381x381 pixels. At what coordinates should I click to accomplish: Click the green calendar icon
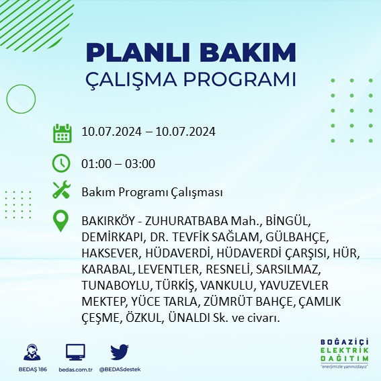[x=62, y=133]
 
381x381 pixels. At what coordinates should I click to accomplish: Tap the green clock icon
[x=62, y=163]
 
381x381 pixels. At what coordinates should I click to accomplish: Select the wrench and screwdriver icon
[x=62, y=192]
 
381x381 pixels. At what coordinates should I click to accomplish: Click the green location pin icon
[x=62, y=221]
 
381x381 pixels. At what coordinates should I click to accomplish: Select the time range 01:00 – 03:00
[x=118, y=163]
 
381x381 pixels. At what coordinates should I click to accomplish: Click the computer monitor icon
[x=75, y=353]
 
